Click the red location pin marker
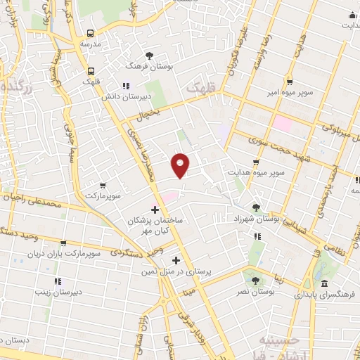[x=181, y=165]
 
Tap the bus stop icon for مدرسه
[x=91, y=33]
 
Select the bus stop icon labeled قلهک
[x=91, y=71]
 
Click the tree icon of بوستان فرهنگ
[x=148, y=54]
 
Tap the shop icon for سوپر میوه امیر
[x=290, y=82]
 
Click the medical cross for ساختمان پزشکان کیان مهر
[x=155, y=210]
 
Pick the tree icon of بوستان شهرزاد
[x=256, y=207]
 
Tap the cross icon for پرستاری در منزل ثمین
[x=176, y=259]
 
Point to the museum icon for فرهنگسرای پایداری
[x=324, y=283]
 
